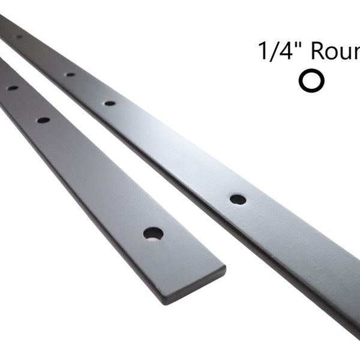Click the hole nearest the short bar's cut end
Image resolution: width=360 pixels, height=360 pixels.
153,232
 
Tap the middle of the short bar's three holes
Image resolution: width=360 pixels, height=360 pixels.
43,120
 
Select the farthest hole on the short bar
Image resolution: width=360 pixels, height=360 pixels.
12,88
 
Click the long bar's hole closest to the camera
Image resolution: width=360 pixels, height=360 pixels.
238,199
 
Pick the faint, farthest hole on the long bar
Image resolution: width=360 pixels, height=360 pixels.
18,37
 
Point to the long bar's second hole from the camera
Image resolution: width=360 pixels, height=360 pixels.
110,103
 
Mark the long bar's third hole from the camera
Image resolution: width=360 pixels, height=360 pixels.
70,75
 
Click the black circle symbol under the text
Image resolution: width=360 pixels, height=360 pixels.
311,81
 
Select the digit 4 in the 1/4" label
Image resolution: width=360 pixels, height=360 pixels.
286,52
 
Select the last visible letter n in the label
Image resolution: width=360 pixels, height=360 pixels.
358,54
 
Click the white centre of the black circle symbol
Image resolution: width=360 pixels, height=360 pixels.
311,81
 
